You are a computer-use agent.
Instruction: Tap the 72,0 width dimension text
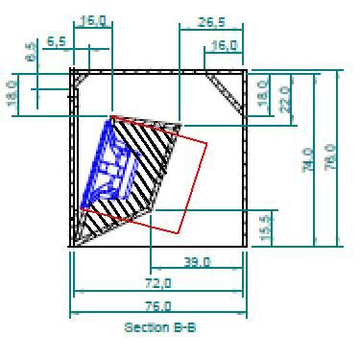pyautogui.click(x=157, y=283)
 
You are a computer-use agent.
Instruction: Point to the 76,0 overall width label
pyautogui.click(x=157, y=307)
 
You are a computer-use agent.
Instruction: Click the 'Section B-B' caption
pyautogui.click(x=159, y=327)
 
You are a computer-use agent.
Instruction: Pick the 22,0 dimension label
pyautogui.click(x=283, y=98)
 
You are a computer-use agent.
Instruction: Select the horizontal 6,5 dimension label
pyautogui.click(x=56, y=42)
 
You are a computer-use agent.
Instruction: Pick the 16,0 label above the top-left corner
pyautogui.click(x=93, y=19)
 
